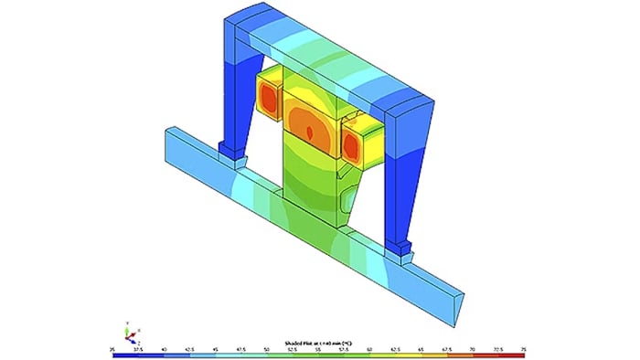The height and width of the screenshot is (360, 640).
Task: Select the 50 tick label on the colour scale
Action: (x=266, y=349)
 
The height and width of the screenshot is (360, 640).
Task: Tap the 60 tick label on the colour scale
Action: (x=368, y=349)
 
